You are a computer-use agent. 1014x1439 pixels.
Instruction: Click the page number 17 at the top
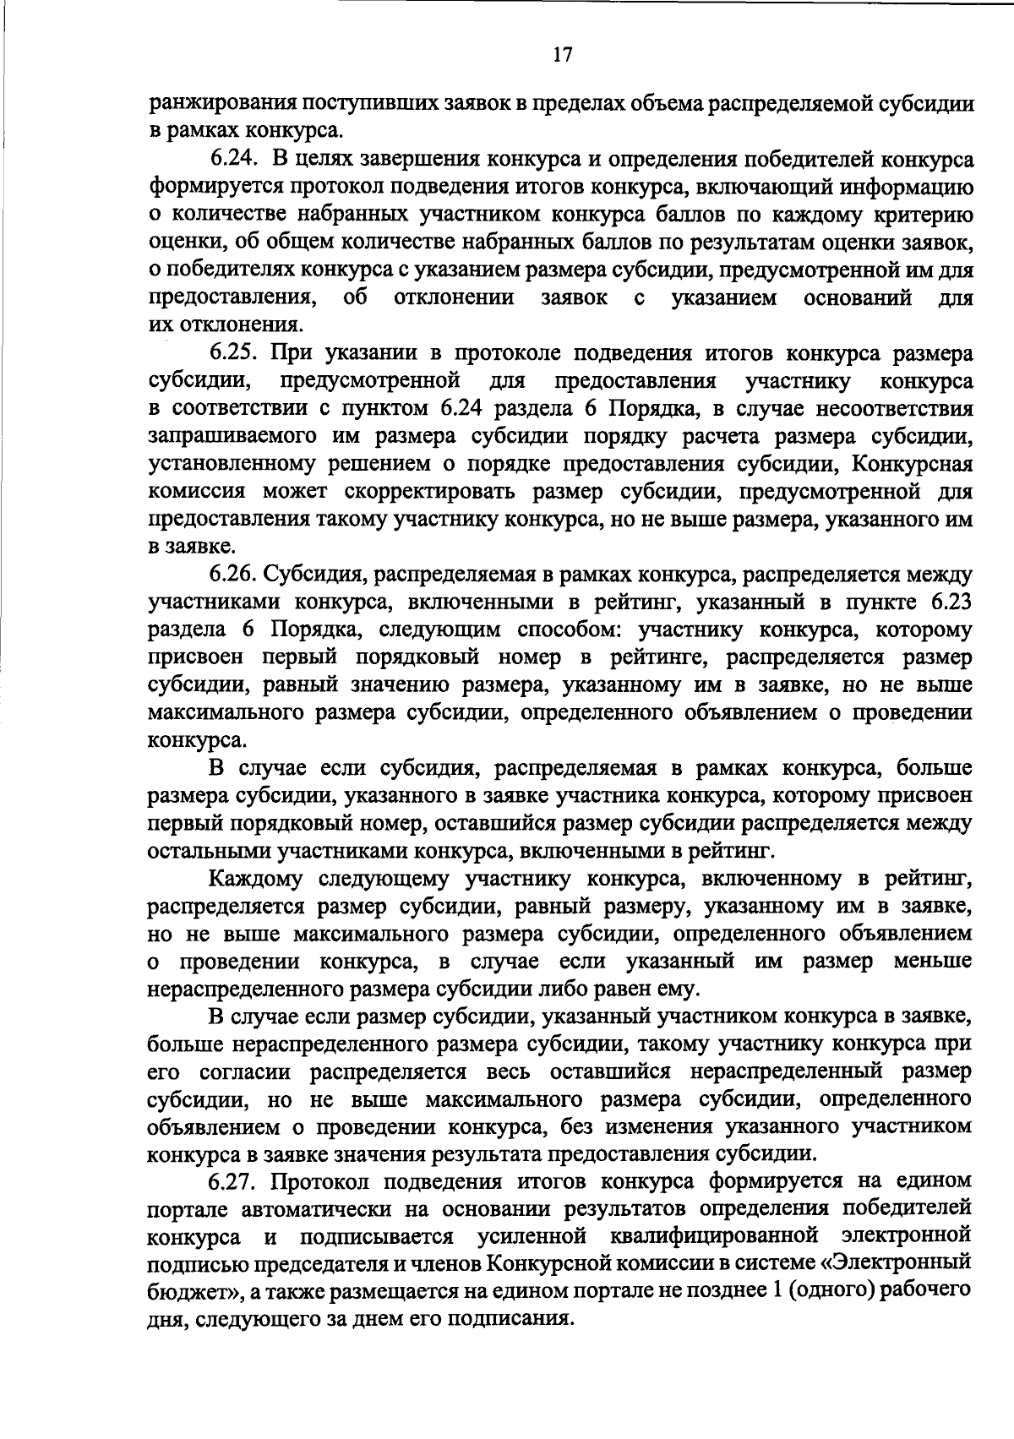coord(563,55)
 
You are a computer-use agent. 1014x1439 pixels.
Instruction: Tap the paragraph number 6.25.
coord(233,353)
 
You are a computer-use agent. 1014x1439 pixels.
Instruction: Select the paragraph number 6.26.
coord(233,575)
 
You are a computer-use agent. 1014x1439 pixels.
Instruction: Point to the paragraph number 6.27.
coord(233,1180)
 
